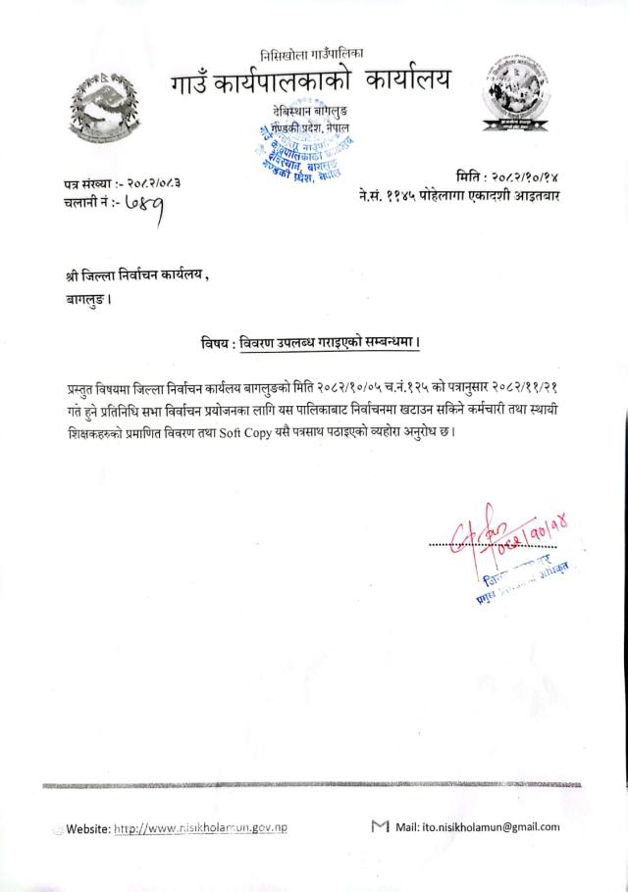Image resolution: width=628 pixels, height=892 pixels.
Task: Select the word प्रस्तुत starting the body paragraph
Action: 81,390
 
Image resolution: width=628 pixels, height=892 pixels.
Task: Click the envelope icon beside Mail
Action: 381,826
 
